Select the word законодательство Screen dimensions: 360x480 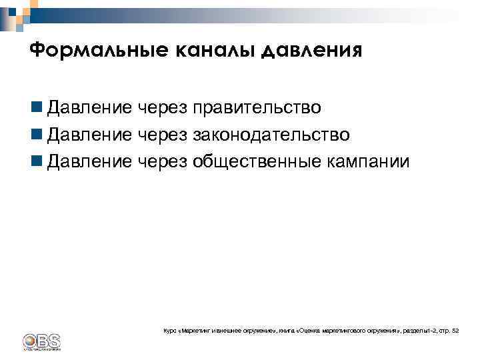click(x=271, y=135)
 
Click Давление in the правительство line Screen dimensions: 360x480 click(x=90, y=107)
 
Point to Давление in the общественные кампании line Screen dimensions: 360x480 click(x=90, y=162)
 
